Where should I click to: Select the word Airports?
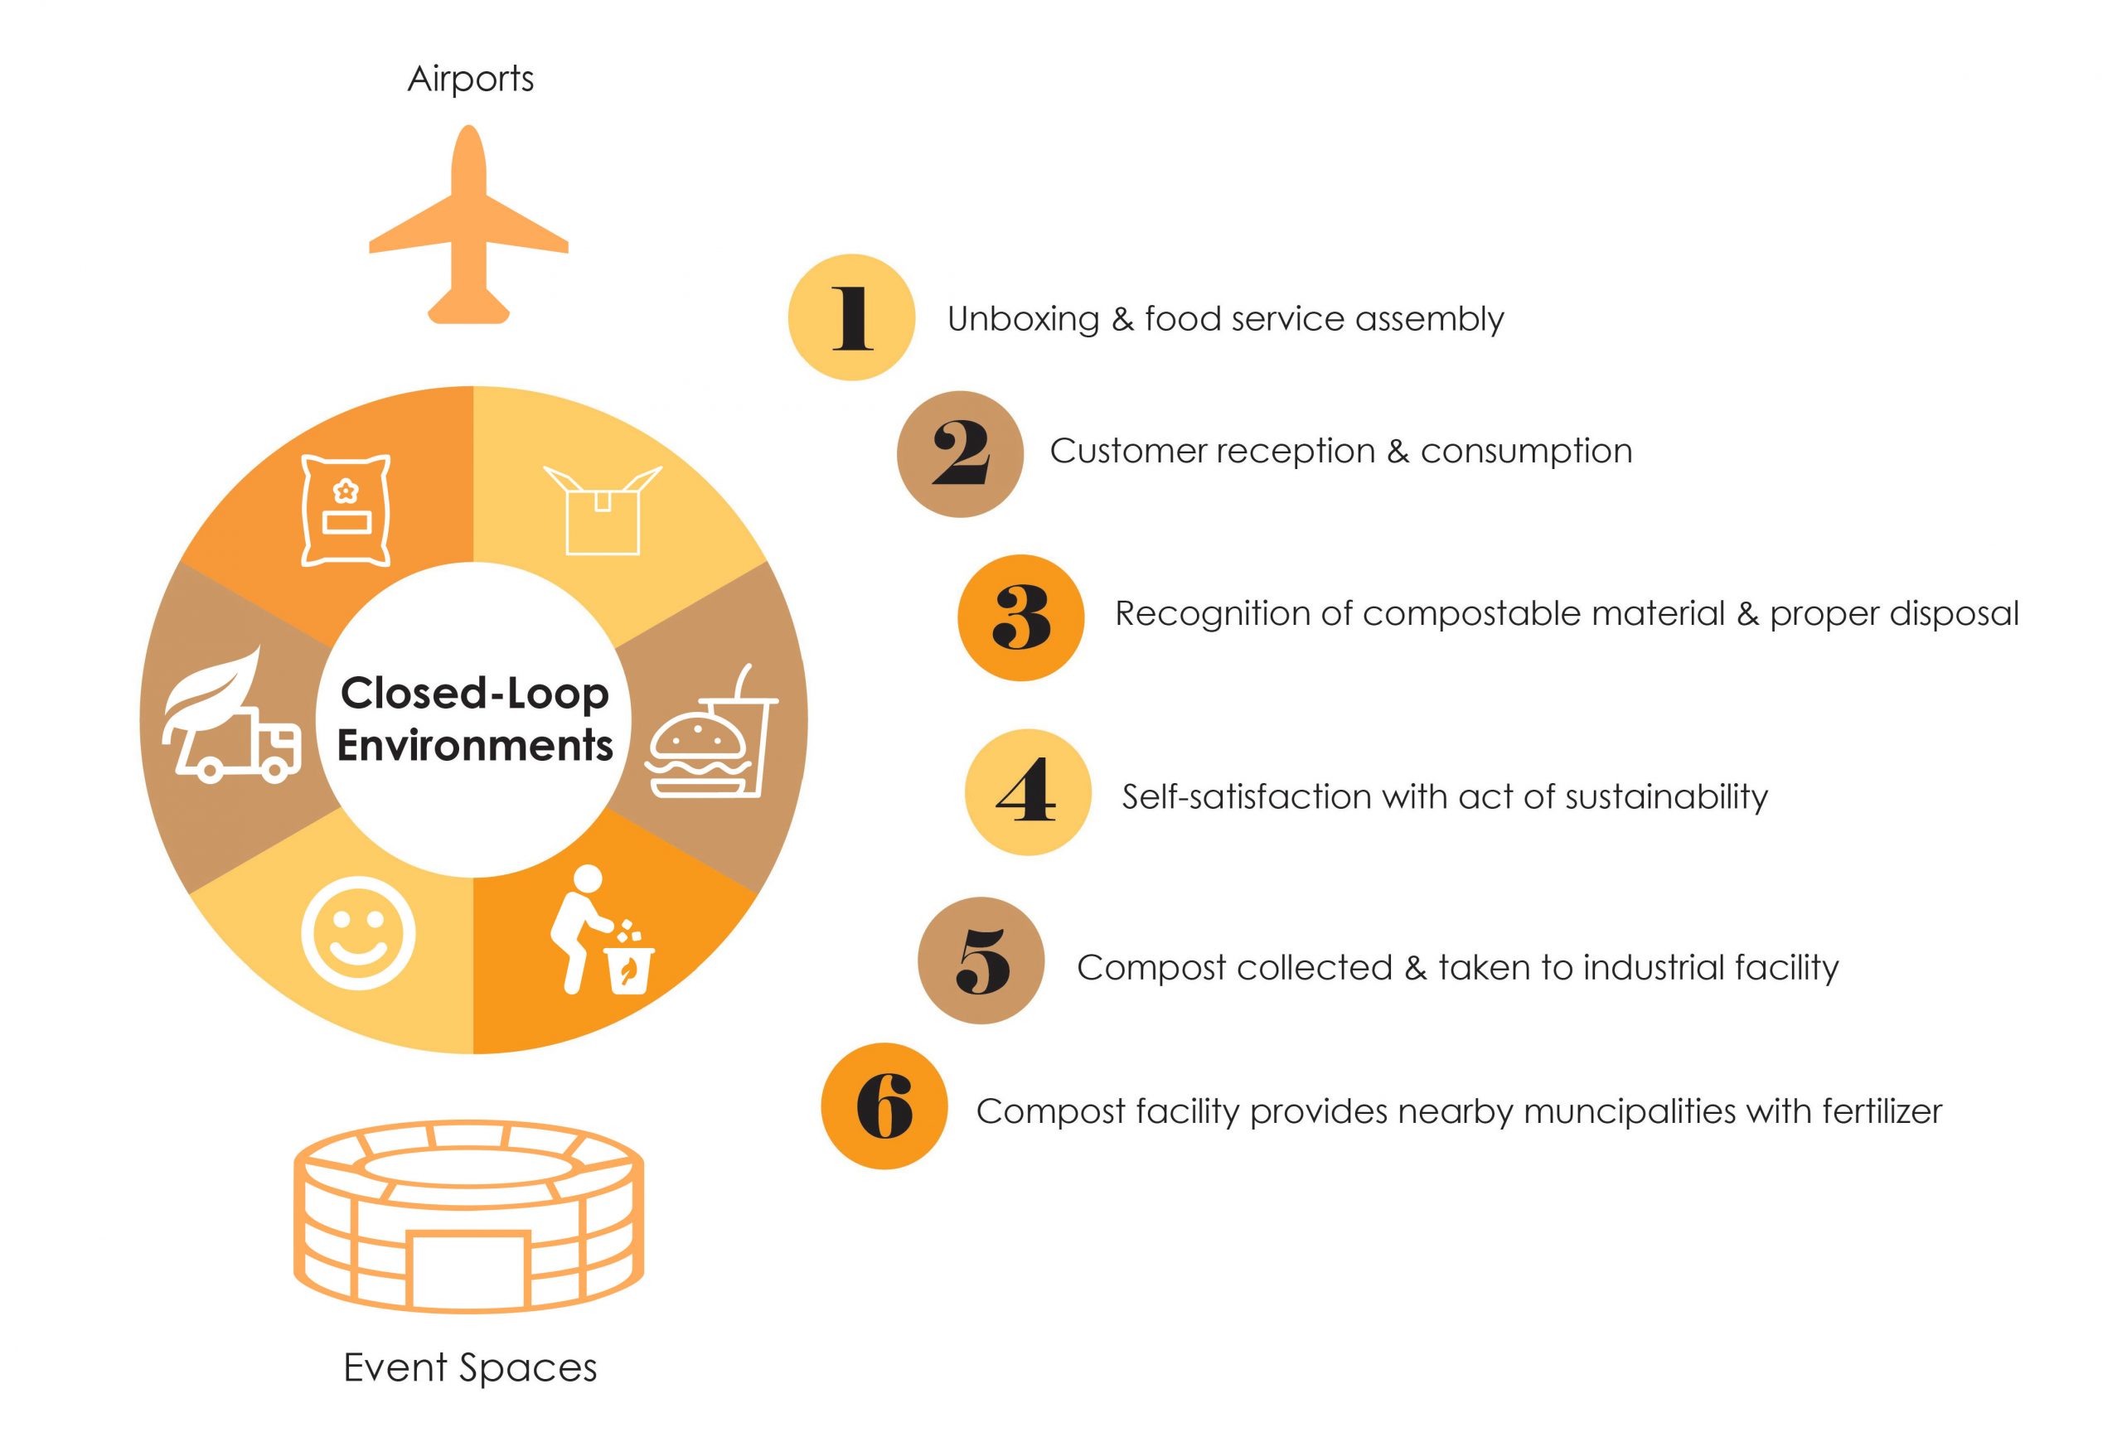[470, 80]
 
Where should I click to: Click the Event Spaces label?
[470, 1368]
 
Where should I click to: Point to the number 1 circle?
[851, 317]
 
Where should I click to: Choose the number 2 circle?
[960, 454]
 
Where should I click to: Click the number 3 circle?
[1021, 617]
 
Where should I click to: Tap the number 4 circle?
[1028, 791]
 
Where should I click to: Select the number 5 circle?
[981, 960]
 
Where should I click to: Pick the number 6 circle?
[884, 1106]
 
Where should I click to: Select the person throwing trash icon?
[603, 929]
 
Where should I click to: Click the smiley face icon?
[358, 933]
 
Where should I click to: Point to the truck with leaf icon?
[232, 716]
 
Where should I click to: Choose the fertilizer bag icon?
[346, 510]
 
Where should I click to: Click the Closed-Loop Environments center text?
[475, 719]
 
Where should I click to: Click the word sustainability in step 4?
[1667, 797]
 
